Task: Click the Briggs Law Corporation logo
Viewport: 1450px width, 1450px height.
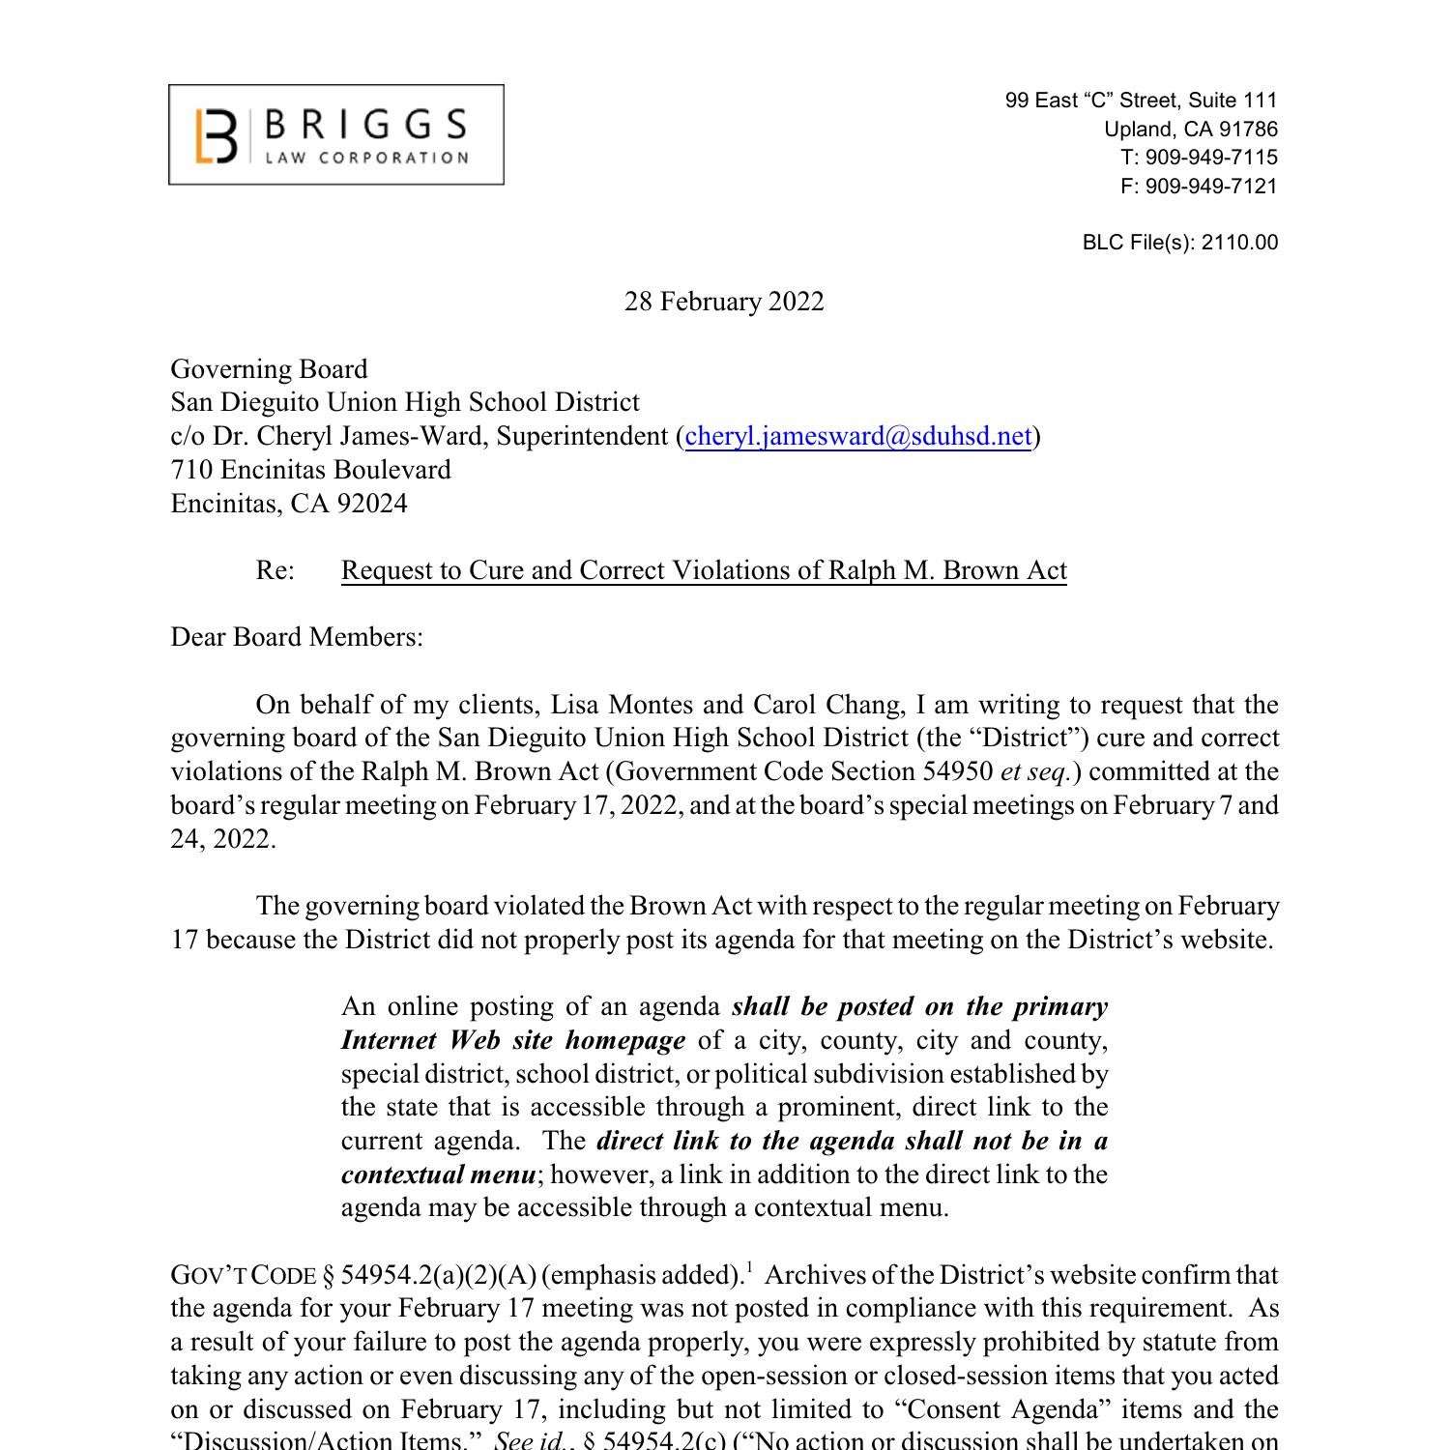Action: pos(335,134)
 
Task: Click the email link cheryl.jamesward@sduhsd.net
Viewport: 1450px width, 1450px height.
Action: pos(857,436)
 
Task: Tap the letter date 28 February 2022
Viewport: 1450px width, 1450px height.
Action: pos(724,302)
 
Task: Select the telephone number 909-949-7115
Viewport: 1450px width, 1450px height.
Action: pos(1211,158)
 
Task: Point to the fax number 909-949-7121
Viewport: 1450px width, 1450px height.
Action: pos(1211,187)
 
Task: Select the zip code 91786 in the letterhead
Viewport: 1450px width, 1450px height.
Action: pos(1248,130)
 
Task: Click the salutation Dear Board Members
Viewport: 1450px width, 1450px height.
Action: pos(297,637)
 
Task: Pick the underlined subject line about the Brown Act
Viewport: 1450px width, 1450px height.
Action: pos(704,570)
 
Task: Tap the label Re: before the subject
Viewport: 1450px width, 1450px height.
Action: pos(275,570)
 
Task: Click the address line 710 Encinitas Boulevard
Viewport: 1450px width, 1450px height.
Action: pos(310,470)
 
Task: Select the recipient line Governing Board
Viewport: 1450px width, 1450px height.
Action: pos(269,369)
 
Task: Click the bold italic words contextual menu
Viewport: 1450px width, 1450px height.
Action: pos(438,1174)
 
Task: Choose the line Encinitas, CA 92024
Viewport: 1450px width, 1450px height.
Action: pos(289,504)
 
